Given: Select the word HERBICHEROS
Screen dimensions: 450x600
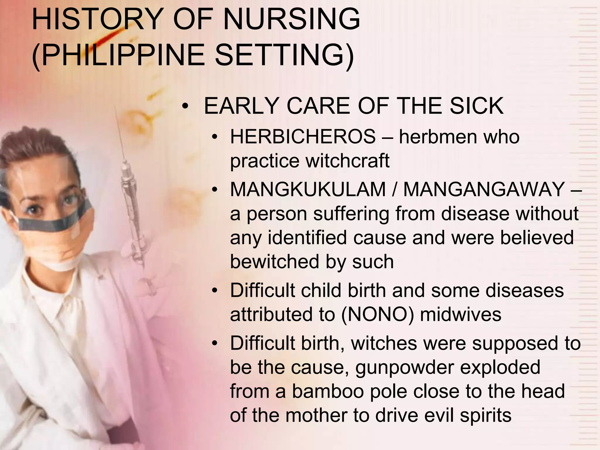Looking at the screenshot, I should (x=303, y=137).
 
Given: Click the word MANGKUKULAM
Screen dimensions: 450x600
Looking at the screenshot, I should (x=308, y=189).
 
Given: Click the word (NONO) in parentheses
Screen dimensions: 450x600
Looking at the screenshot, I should (x=378, y=314).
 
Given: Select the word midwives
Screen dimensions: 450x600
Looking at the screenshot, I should (x=461, y=314).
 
